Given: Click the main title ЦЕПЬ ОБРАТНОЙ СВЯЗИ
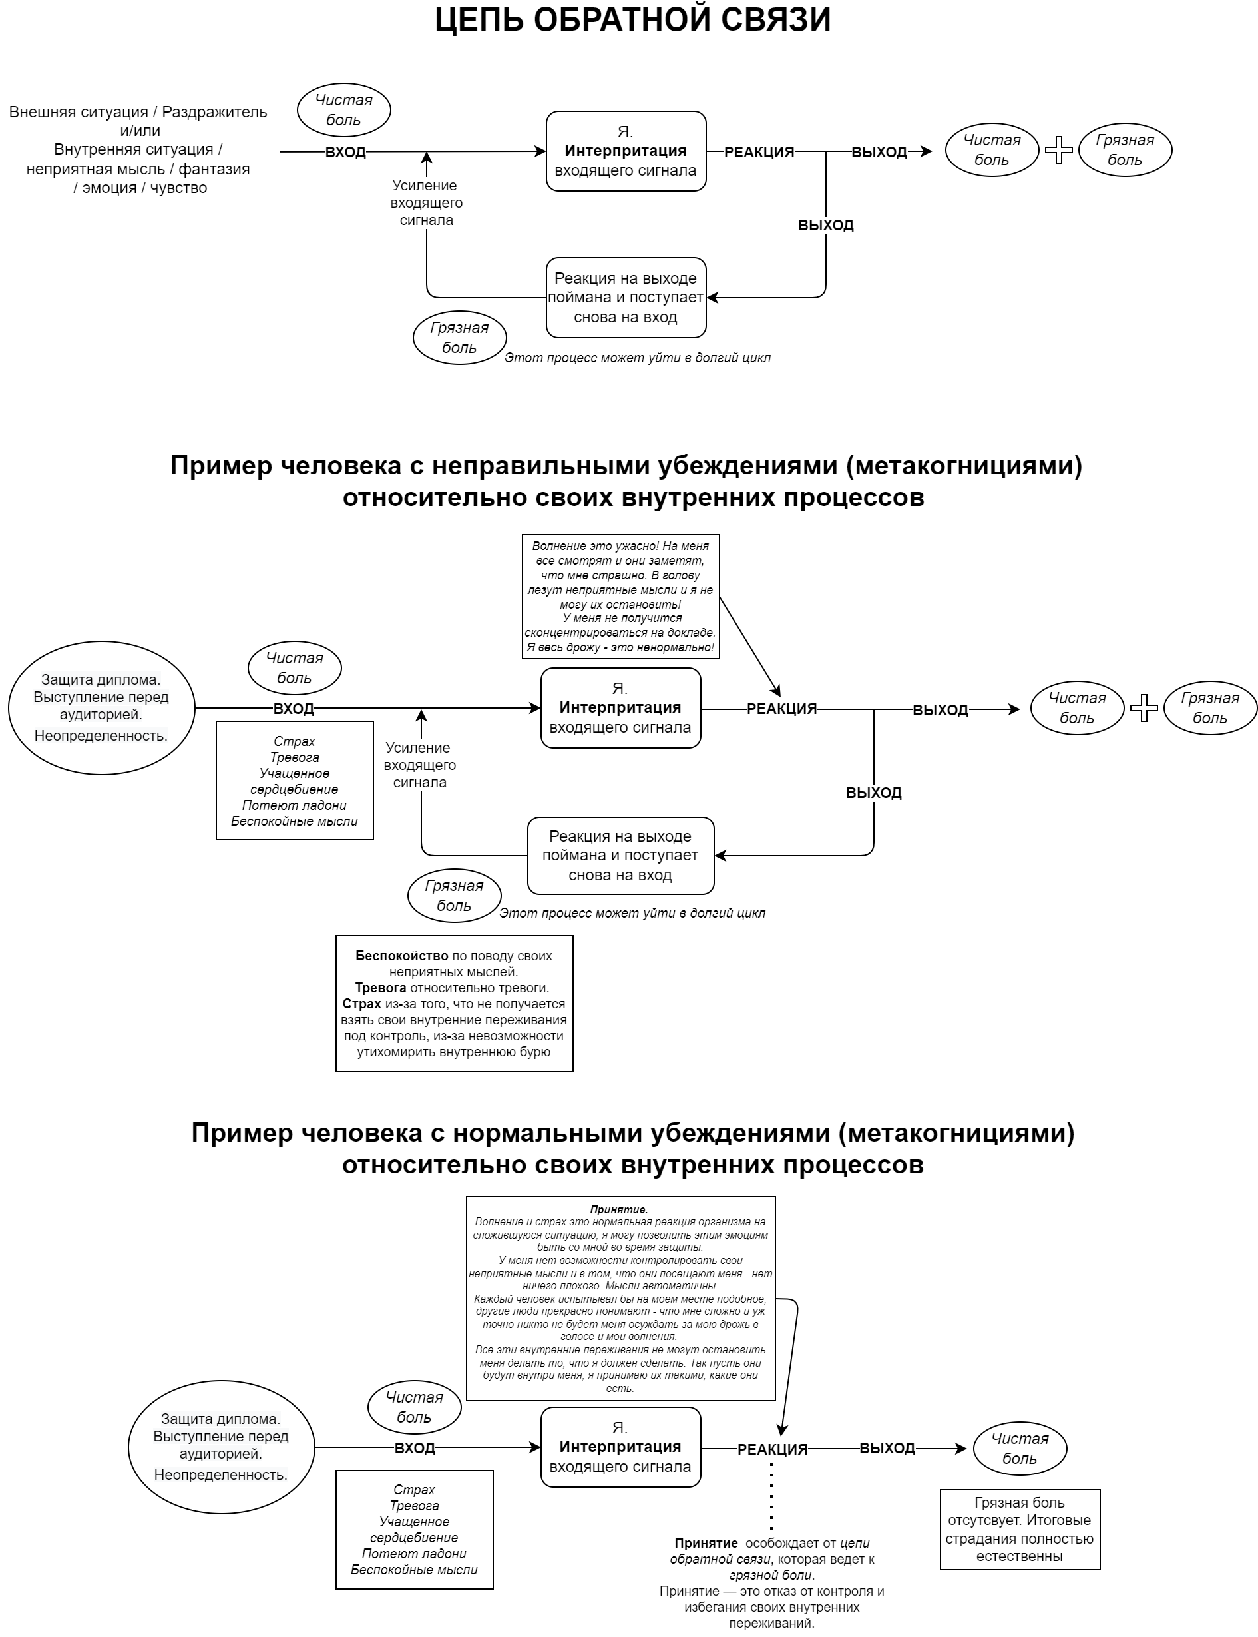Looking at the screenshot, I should (633, 20).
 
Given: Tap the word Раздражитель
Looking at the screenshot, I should (214, 113).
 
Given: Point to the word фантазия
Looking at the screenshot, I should (214, 169).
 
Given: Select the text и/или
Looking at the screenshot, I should (140, 131).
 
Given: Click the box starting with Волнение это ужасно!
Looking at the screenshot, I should (620, 596).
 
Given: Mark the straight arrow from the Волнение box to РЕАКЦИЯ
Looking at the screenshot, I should (749, 647).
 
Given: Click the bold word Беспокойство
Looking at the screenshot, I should (401, 956).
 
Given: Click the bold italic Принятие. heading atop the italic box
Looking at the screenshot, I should (618, 1209).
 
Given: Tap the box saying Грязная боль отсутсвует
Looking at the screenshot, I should (1019, 1529).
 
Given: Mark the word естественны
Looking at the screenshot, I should (1019, 1556).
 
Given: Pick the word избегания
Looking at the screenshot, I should (720, 1607).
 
